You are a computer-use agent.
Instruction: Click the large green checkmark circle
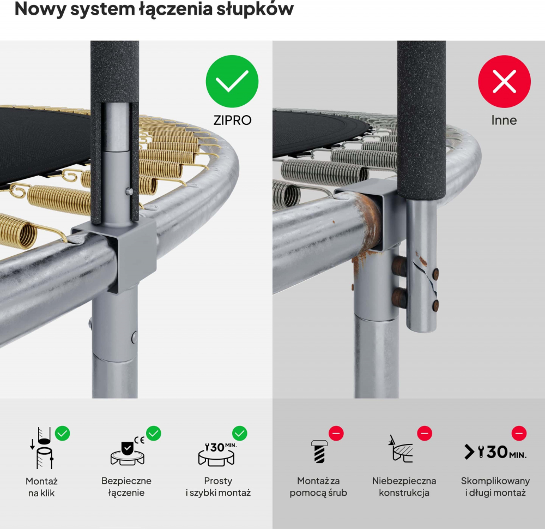coord(232,81)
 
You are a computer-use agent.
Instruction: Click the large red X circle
coord(504,81)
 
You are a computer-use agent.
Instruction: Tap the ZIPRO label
coord(232,120)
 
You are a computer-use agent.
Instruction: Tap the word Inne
coord(504,120)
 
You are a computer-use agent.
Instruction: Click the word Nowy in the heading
coord(40,9)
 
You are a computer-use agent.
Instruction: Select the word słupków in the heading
coord(255,9)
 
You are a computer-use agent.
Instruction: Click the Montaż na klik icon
coord(42,448)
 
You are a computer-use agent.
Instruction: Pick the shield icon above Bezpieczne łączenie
coord(127,451)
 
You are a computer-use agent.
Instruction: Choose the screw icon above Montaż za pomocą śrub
coord(319,451)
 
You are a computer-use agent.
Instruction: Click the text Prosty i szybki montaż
coord(218,486)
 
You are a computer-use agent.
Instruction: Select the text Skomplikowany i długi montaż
coord(495,486)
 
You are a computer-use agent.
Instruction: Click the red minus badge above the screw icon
coord(336,434)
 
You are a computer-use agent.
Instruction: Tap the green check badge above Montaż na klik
coord(62,434)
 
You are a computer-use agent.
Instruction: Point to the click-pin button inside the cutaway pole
coord(129,191)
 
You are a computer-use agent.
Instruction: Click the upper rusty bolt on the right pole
coord(399,266)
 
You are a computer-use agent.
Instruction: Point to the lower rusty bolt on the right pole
coord(399,298)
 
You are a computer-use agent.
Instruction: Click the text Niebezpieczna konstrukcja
coord(404,486)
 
